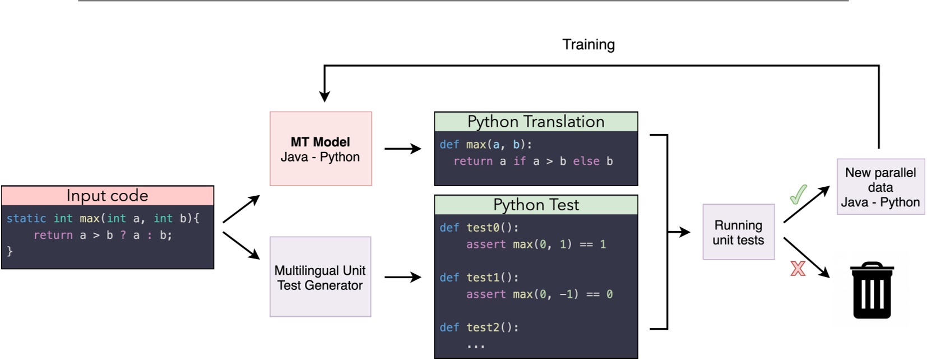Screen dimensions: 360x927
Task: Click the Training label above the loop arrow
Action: pos(588,45)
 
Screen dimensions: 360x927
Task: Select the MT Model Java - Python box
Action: pos(320,149)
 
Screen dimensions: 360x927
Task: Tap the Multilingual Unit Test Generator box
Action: pos(320,277)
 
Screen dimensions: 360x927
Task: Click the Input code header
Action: pos(107,195)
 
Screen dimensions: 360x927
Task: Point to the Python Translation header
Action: pos(536,122)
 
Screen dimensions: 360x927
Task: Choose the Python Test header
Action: pos(536,205)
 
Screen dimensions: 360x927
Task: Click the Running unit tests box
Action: pos(738,232)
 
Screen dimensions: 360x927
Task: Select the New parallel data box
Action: pos(880,187)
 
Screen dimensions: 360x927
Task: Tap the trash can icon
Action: pos(872,290)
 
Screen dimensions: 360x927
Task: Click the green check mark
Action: pos(798,195)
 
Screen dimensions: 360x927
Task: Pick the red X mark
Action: pos(798,269)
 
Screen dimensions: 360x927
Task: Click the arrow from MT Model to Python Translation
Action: pos(402,149)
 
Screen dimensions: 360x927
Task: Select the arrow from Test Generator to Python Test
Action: pos(402,277)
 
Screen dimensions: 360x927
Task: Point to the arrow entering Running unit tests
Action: pos(679,232)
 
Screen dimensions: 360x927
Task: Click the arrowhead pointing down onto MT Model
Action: pos(324,96)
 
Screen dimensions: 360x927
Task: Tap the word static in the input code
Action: pos(26,218)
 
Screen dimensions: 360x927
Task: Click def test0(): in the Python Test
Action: pos(479,228)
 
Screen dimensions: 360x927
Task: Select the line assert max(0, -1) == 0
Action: pos(539,294)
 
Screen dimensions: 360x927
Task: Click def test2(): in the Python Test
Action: pos(479,327)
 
